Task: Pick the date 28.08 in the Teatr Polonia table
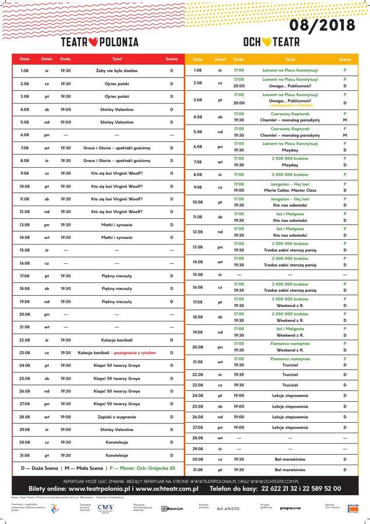point(24,417)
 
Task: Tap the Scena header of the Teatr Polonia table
point(171,59)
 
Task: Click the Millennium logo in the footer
point(172,508)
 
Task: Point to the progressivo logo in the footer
point(290,508)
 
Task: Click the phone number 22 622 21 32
point(286,489)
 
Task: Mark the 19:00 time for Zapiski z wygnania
point(66,417)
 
